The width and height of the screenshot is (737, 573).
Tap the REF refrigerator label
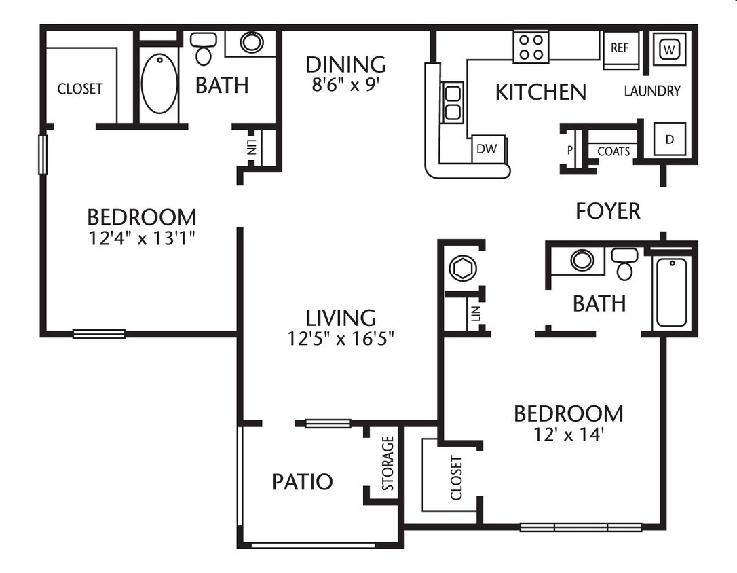pyautogui.click(x=620, y=48)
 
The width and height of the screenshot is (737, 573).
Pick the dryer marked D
pyautogui.click(x=669, y=139)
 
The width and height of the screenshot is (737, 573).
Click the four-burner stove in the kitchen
pyautogui.click(x=531, y=47)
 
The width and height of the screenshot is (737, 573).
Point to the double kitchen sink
pyautogui.click(x=452, y=102)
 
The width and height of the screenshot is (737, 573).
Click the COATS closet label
pyautogui.click(x=613, y=152)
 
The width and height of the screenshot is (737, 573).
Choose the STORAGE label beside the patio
pyautogui.click(x=388, y=463)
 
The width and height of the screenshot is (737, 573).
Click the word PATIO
pyautogui.click(x=303, y=482)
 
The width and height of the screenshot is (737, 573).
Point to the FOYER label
pyautogui.click(x=607, y=211)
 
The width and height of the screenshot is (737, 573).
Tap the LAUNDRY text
pyautogui.click(x=652, y=91)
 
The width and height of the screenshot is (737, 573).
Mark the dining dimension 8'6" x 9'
pyautogui.click(x=345, y=84)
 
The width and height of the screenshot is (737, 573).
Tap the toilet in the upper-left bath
pyautogui.click(x=203, y=47)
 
